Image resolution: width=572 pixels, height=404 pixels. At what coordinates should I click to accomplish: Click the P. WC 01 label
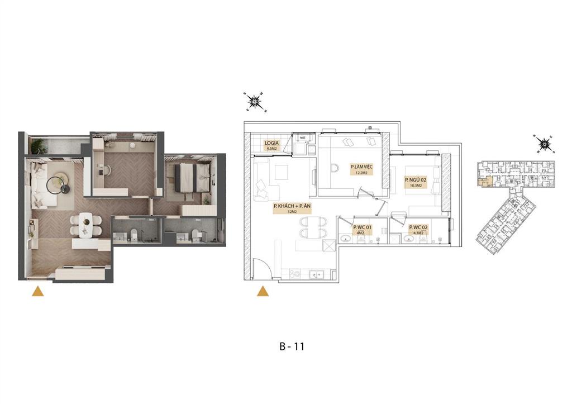(363, 227)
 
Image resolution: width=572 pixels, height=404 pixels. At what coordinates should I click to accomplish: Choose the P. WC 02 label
(418, 227)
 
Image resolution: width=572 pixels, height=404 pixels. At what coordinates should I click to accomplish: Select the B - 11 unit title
(292, 346)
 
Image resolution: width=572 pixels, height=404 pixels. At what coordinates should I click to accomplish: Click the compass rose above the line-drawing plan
(256, 102)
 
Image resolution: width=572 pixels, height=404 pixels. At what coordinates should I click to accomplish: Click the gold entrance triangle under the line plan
(262, 291)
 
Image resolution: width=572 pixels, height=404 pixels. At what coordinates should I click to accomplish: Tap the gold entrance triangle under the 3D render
(37, 291)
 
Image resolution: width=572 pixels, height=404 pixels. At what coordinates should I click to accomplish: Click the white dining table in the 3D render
(85, 224)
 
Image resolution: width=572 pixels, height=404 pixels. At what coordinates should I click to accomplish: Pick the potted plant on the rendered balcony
(38, 147)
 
